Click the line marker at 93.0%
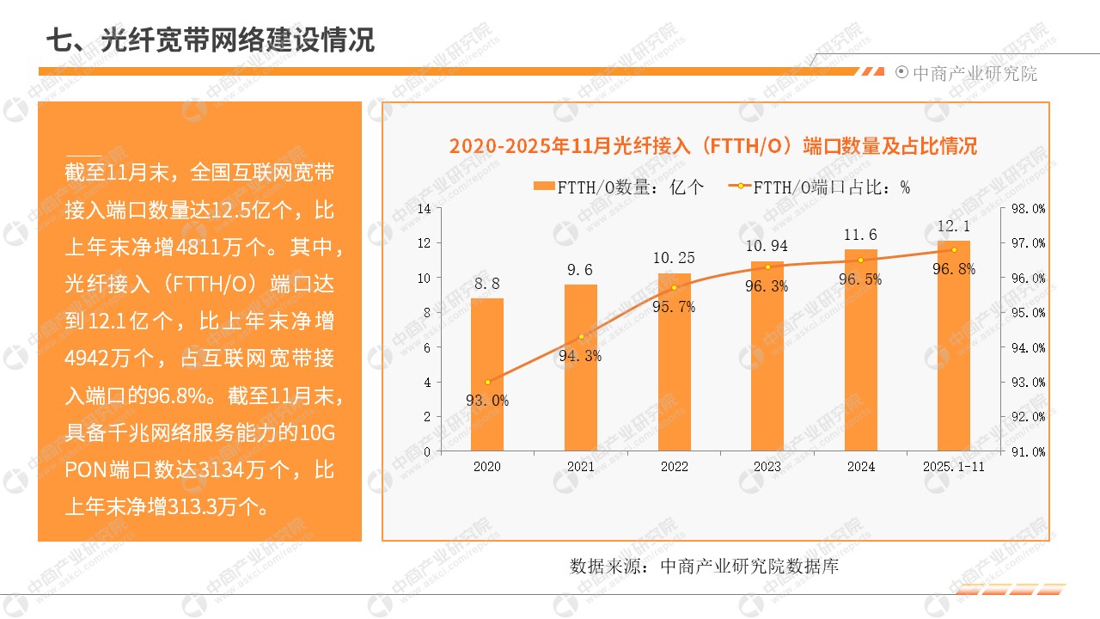tap(487, 382)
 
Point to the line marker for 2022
tap(675, 287)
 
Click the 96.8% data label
tap(955, 269)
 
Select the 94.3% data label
tap(580, 356)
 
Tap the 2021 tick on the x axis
tap(580, 467)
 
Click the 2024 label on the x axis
tap(860, 467)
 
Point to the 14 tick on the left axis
tap(424, 208)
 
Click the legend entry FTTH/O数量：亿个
tap(618, 187)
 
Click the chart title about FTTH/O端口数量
tap(713, 146)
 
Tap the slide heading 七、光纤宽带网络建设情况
tap(211, 40)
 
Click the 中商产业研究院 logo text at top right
tap(974, 74)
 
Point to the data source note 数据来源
tap(704, 567)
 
